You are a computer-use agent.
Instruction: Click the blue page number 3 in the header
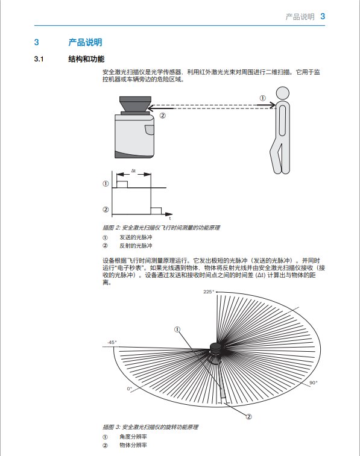click(x=323, y=16)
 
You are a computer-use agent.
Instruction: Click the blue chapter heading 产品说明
click(x=85, y=42)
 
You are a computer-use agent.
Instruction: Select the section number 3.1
click(x=39, y=59)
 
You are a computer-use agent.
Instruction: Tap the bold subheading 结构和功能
click(x=86, y=59)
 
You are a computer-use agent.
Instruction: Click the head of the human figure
click(x=282, y=93)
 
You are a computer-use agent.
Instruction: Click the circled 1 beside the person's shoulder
click(x=262, y=98)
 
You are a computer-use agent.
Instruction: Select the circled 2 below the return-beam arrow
click(x=162, y=116)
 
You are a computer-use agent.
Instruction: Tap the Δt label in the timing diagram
click(x=133, y=170)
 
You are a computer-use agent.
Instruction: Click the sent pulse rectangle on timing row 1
click(x=122, y=184)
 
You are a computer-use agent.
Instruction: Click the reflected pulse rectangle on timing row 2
click(x=156, y=211)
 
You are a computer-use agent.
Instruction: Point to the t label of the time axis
click(x=170, y=218)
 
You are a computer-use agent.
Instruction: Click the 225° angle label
click(x=209, y=292)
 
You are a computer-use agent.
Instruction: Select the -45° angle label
click(x=112, y=342)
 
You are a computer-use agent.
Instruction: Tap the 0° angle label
click(x=129, y=389)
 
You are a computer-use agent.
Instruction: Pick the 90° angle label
click(x=313, y=383)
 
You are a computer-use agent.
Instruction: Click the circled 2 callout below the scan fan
click(x=248, y=417)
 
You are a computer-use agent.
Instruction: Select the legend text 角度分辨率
click(x=133, y=437)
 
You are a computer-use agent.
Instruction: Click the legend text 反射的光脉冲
click(x=136, y=246)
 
